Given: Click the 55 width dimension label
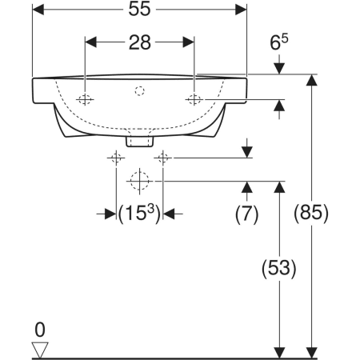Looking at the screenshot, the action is (x=139, y=9).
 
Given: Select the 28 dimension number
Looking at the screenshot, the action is (x=140, y=42).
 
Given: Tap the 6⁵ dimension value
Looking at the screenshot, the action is (x=279, y=42).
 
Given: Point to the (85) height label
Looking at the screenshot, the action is (x=311, y=213).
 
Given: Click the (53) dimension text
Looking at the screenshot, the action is (x=279, y=268).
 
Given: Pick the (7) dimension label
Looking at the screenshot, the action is (x=246, y=214).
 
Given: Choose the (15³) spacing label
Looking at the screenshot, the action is (x=139, y=214).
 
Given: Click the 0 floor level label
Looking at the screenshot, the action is (x=40, y=330).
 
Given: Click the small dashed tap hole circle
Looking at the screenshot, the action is (x=139, y=91).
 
